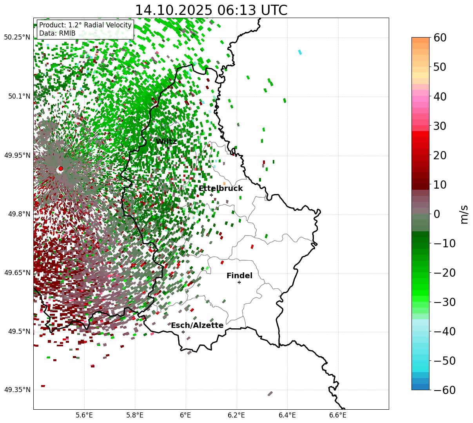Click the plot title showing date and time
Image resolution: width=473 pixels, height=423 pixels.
211,10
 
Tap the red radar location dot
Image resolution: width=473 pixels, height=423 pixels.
60,169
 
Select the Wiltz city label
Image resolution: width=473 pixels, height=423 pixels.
166,142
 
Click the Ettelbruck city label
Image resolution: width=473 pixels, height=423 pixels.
220,189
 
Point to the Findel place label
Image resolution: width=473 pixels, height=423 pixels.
239,276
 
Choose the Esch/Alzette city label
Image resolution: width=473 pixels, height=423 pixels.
197,326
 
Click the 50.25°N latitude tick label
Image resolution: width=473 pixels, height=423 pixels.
17,38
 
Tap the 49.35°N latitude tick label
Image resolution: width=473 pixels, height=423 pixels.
17,390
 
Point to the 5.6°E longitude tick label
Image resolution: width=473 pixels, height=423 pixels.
84,415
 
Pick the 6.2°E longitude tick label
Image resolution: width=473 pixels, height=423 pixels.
237,415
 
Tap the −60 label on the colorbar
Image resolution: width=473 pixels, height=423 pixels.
444,390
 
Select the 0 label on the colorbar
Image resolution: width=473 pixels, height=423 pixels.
437,214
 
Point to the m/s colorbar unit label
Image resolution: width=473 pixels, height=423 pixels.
464,214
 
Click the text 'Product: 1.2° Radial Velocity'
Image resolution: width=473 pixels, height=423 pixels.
85,25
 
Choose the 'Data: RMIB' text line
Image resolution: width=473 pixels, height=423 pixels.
57,33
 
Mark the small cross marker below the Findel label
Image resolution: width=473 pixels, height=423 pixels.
239,282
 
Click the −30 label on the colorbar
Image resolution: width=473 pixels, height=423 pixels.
444,302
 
